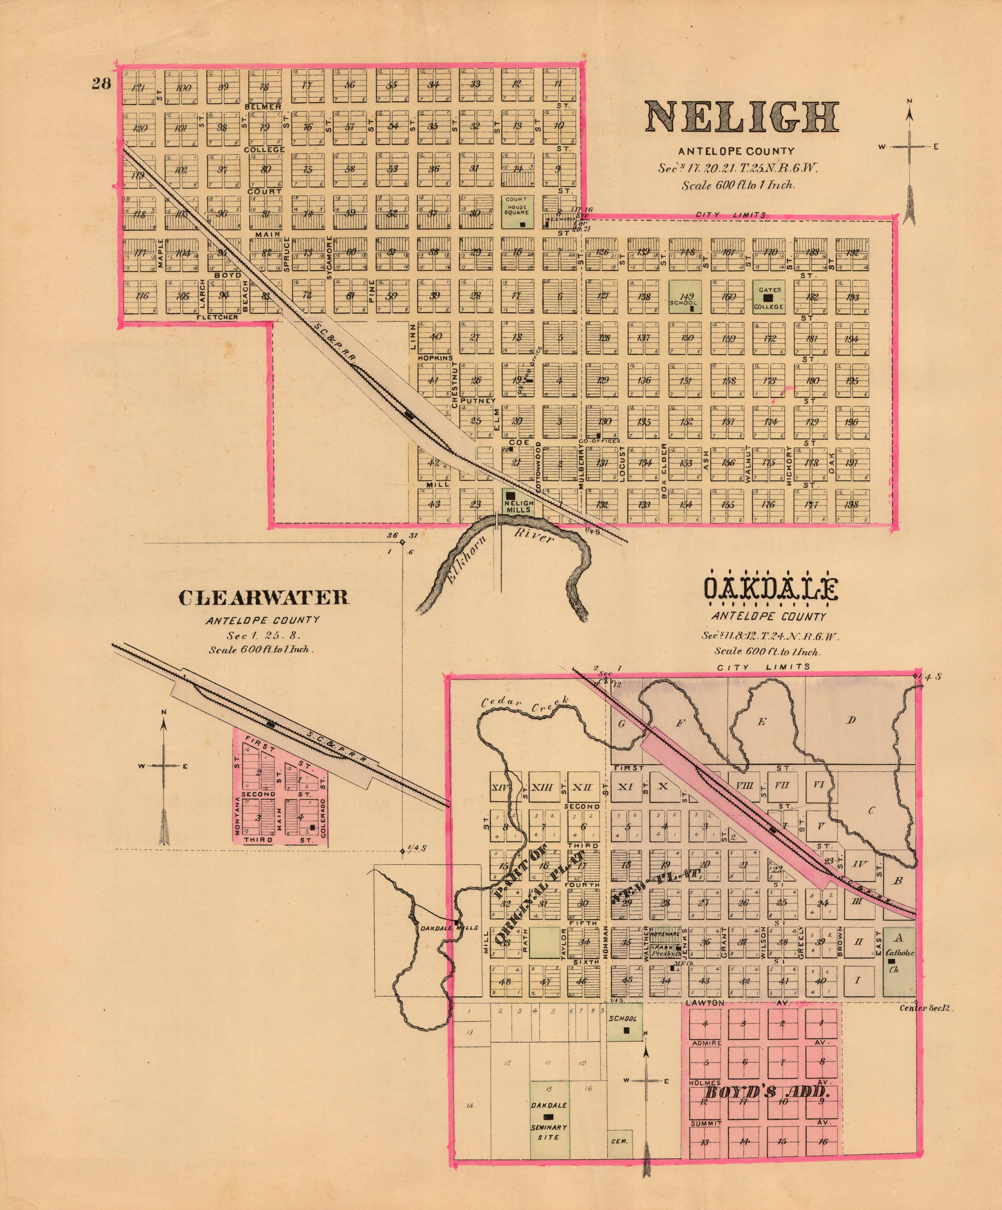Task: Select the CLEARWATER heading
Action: point(263,597)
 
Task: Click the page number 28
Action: point(101,84)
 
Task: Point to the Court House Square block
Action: point(516,211)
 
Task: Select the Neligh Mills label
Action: point(518,506)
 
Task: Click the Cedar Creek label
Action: point(524,704)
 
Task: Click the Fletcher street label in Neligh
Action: point(217,317)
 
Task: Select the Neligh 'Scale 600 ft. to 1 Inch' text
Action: point(738,186)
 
